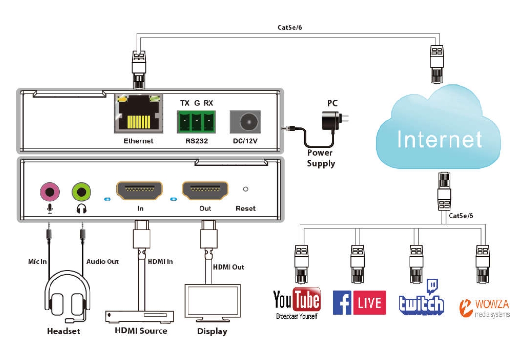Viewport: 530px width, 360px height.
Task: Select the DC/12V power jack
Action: (x=246, y=122)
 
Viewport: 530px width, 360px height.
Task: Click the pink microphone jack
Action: (x=49, y=192)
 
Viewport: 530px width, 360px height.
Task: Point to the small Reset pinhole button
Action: (x=246, y=189)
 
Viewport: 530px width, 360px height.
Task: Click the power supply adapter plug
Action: (x=333, y=119)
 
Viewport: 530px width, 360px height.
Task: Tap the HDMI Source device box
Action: (x=140, y=316)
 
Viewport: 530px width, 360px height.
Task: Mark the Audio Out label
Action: (x=102, y=261)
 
